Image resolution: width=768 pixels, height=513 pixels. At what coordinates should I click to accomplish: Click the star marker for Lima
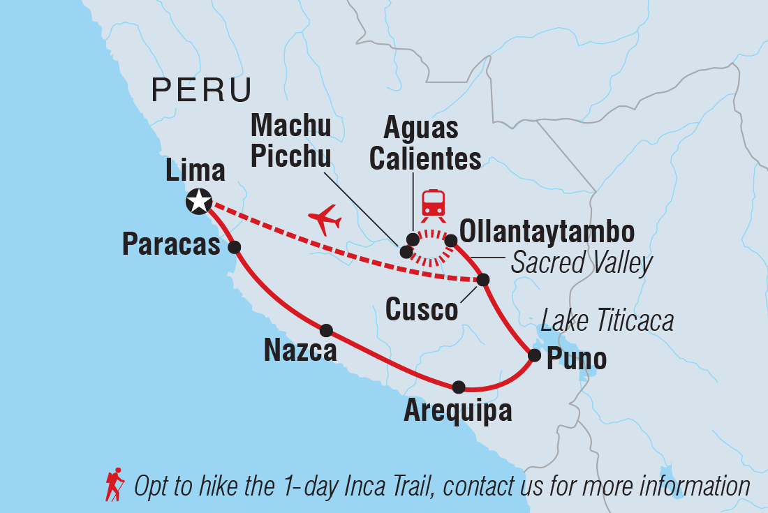click(199, 202)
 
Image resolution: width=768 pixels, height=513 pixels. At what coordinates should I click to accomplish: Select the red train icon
click(434, 202)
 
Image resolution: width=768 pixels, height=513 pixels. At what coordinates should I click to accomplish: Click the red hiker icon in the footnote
click(115, 484)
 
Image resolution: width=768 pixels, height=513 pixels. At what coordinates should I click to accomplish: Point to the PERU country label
click(202, 91)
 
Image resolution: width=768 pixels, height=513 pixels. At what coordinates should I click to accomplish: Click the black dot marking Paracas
click(235, 246)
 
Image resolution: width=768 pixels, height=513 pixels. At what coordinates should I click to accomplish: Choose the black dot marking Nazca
click(325, 330)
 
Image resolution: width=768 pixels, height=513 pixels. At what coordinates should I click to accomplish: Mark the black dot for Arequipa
click(459, 387)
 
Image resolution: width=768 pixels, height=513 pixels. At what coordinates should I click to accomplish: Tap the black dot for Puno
click(534, 355)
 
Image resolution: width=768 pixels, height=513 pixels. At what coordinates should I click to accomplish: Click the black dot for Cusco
click(482, 280)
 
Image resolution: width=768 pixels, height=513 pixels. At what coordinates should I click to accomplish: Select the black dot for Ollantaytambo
click(451, 241)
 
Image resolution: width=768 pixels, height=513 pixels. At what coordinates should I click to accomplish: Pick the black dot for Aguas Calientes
click(413, 239)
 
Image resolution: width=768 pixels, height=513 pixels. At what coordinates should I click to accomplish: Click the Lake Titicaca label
click(607, 321)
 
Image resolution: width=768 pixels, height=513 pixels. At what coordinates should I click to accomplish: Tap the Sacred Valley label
click(582, 263)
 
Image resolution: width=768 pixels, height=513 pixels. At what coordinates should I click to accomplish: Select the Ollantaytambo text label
click(548, 233)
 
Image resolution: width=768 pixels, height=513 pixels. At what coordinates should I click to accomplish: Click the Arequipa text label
click(457, 412)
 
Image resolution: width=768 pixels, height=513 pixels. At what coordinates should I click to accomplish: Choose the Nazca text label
click(300, 350)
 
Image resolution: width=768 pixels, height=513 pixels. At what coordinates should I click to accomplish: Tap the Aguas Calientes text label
click(424, 144)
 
